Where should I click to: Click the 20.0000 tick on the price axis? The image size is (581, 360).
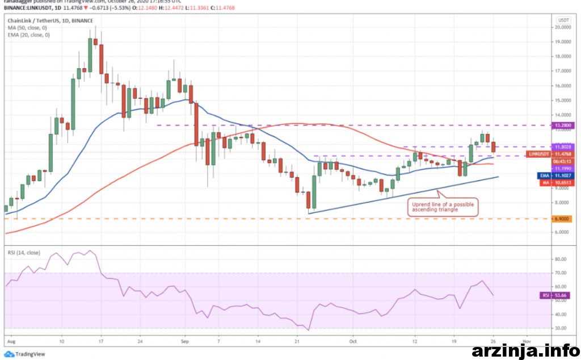pyautogui.click(x=563, y=27)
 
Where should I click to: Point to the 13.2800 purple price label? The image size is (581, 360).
pyautogui.click(x=563, y=125)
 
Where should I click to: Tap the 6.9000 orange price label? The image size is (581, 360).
pyautogui.click(x=563, y=219)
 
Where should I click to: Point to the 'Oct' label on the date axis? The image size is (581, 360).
pyautogui.click(x=352, y=342)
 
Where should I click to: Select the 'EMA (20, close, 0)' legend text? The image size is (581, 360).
pyautogui.click(x=28, y=35)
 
